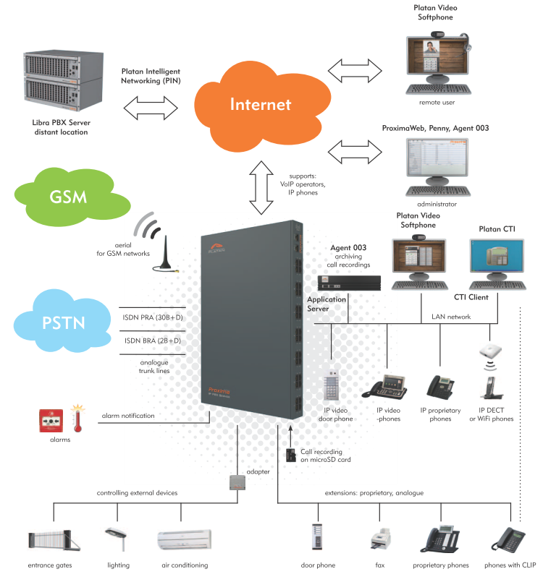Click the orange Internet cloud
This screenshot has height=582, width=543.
262,106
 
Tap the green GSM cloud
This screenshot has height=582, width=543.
72,197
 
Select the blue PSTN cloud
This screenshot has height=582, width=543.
62,321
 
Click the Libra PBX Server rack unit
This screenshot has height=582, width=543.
63,81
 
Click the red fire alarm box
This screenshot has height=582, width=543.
51,421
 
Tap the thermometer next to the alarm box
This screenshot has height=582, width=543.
77,419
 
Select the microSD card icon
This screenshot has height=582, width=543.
290,455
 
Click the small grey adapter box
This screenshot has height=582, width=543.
237,482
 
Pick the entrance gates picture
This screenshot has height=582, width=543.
54,541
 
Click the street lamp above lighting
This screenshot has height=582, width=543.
118,539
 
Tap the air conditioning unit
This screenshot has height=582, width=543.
185,539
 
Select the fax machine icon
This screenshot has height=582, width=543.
381,539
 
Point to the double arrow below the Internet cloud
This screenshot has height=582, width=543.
261,188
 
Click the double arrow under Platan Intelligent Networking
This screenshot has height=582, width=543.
151,108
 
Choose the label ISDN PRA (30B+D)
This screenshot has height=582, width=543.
153,317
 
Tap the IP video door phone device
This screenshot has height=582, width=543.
331,385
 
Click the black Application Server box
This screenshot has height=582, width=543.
350,283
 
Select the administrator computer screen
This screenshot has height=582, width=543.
437,158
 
